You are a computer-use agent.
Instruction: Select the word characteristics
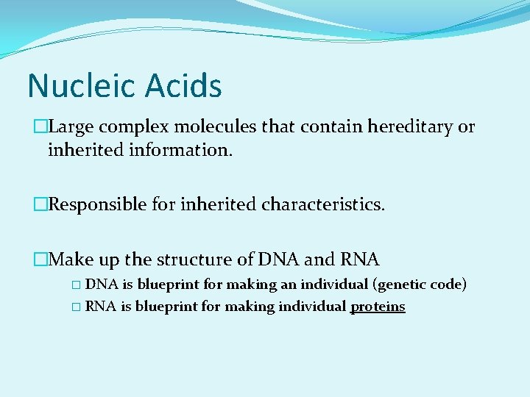pos(322,204)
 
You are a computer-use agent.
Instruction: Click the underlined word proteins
pos(378,307)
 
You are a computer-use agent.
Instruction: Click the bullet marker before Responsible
pos(40,204)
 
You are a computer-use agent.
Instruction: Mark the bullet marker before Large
pos(40,127)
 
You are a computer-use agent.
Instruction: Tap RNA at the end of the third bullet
pos(359,260)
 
